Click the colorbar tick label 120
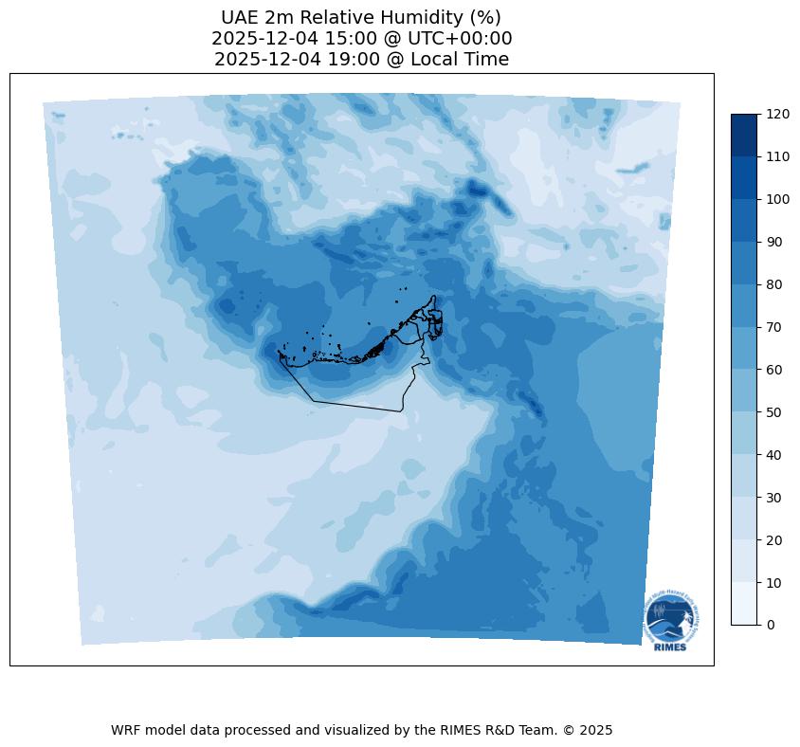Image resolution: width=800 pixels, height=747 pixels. (x=779, y=114)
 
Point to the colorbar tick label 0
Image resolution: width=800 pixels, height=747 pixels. (x=772, y=625)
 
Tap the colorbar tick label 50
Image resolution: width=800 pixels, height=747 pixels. (x=775, y=412)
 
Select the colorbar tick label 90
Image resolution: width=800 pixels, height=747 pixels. (x=775, y=242)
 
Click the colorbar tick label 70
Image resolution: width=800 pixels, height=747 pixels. (x=775, y=327)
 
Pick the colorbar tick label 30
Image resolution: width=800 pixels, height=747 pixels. (x=775, y=497)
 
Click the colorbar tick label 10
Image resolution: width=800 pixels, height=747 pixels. (x=775, y=582)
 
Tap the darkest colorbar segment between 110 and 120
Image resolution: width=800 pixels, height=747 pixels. (x=745, y=135)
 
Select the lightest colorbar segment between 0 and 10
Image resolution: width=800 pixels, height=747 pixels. (x=745, y=604)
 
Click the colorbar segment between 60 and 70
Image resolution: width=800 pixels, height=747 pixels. (x=745, y=348)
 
